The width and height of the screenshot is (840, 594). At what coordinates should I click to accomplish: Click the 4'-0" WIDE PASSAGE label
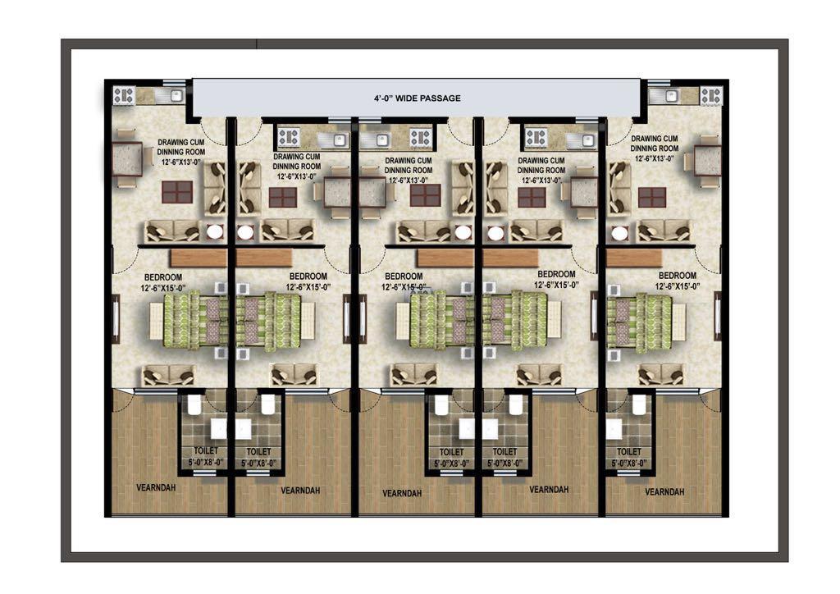(417, 98)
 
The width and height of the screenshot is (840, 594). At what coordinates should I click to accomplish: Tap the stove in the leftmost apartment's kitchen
(124, 97)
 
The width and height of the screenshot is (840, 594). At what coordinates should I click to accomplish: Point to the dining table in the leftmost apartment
(126, 159)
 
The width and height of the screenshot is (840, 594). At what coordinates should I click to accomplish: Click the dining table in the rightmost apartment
(706, 161)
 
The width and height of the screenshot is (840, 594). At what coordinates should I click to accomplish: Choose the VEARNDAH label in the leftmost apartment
(156, 488)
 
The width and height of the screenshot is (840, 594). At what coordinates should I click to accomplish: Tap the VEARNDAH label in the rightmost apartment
(664, 491)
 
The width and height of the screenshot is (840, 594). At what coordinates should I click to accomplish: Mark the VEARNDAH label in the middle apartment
(402, 493)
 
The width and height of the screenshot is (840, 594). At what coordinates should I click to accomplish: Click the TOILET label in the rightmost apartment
(629, 451)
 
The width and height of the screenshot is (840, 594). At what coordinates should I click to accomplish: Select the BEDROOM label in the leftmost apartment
(163, 277)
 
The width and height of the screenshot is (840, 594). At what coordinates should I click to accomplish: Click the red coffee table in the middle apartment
(426, 195)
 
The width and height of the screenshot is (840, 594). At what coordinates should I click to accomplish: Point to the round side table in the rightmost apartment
(620, 234)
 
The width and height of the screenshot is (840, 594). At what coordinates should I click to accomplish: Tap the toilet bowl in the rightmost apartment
(638, 405)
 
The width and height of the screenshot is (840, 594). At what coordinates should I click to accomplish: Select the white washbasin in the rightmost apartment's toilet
(614, 429)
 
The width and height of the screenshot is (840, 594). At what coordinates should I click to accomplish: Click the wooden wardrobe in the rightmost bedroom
(634, 258)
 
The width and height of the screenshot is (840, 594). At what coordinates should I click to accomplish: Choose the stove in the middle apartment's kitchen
(420, 138)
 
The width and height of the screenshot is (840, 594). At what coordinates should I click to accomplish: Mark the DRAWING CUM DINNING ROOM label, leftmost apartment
(181, 148)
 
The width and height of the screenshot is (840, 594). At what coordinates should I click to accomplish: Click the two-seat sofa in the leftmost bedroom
(167, 376)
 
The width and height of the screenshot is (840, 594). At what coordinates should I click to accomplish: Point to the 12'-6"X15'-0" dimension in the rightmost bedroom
(678, 286)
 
